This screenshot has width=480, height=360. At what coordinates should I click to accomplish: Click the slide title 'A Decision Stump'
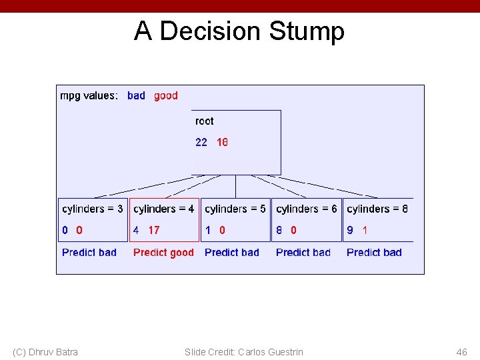(239, 31)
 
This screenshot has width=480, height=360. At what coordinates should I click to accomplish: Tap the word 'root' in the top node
(204, 121)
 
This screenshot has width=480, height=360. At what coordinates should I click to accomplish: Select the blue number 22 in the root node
(201, 142)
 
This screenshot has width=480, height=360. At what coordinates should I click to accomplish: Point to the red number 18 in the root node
(222, 142)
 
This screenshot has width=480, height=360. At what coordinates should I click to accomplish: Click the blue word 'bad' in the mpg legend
(136, 95)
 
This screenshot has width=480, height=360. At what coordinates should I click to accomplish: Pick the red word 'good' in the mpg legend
(166, 95)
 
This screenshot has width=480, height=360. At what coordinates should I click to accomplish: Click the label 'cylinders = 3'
(93, 209)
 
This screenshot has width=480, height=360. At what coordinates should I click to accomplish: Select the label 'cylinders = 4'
(164, 209)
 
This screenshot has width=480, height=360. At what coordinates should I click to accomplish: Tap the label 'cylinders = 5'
(235, 209)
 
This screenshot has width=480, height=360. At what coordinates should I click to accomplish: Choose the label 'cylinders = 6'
(307, 209)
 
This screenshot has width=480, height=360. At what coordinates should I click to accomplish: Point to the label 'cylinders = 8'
(377, 209)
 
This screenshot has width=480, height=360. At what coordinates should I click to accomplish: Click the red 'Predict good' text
(163, 252)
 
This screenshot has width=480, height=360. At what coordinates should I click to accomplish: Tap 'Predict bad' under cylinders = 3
(89, 252)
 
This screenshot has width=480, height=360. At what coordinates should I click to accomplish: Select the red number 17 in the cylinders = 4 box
(154, 230)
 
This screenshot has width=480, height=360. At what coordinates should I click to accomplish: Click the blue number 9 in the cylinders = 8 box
(350, 230)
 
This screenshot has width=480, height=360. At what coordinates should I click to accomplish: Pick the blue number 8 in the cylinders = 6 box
(279, 230)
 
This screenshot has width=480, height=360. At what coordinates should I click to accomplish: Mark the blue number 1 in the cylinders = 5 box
(208, 230)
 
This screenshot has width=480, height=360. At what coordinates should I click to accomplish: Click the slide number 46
(461, 352)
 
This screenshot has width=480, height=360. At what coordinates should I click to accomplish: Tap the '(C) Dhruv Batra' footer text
(45, 352)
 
